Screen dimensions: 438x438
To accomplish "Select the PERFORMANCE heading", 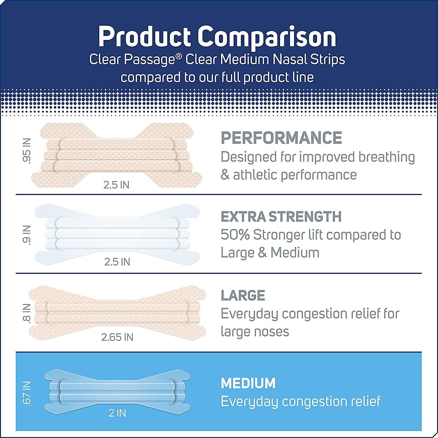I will tap(281, 138).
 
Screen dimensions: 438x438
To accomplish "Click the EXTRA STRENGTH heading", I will tap(281, 217).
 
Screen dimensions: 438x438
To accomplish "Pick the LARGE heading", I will tap(243, 296).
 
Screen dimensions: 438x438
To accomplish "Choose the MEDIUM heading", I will tap(248, 383).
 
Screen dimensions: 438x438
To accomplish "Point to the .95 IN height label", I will tap(27, 155).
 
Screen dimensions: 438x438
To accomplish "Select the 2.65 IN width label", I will tap(117, 337).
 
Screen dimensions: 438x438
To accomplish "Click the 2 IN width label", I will tap(117, 413).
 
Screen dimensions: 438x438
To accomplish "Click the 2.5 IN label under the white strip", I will tap(117, 262).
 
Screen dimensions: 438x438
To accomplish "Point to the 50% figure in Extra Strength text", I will tap(235, 235).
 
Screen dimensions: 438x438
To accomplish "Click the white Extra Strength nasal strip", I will tap(117, 234).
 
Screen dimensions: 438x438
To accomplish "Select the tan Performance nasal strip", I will tap(117, 155).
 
